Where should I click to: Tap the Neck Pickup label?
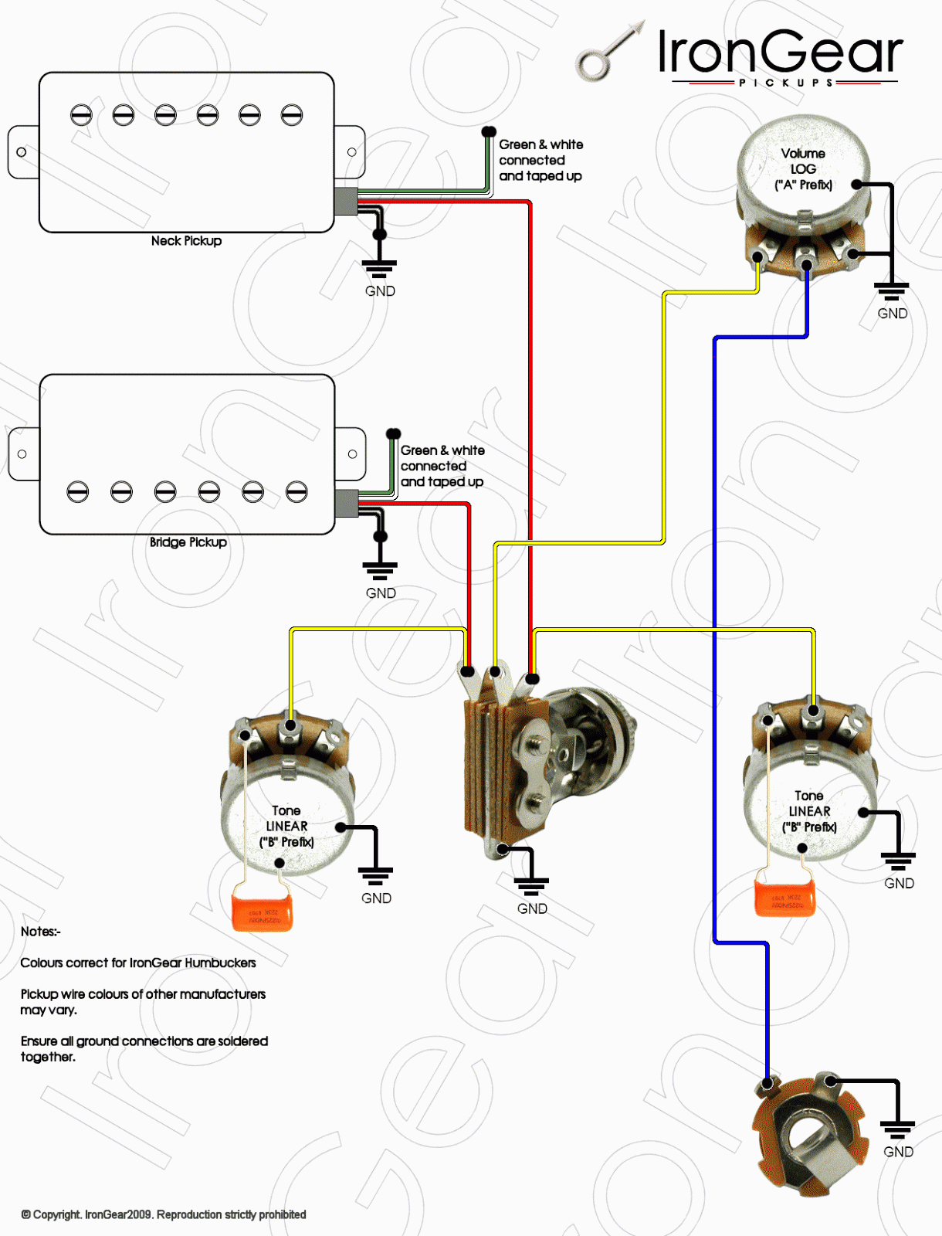pyautogui.click(x=186, y=241)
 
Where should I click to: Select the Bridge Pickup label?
pyautogui.click(x=188, y=542)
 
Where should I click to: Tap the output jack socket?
pyautogui.click(x=811, y=1136)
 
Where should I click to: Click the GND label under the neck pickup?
pyautogui.click(x=380, y=291)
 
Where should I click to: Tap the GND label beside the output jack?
pyautogui.click(x=898, y=1152)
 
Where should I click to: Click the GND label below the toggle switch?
pyautogui.click(x=532, y=908)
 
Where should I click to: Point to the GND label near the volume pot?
pyautogui.click(x=892, y=314)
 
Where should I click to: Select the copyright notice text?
pyautogui.click(x=164, y=1214)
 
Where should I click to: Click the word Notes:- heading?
pyautogui.click(x=40, y=932)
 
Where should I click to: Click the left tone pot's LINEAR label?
pyautogui.click(x=286, y=827)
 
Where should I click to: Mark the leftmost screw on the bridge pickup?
pyautogui.click(x=77, y=491)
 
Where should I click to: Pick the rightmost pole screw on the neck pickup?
pyautogui.click(x=291, y=115)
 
